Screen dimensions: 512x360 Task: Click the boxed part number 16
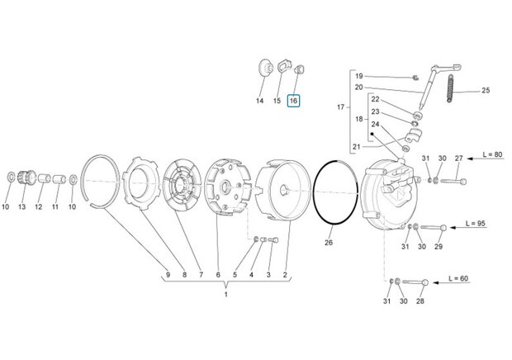(x=293, y=101)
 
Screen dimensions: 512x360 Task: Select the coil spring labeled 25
(x=450, y=89)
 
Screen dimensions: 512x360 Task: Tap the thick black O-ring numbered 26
(x=335, y=192)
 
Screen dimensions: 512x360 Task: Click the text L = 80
(x=493, y=154)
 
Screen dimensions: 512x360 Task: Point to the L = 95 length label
(x=476, y=224)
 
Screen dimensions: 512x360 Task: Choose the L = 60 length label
(x=458, y=278)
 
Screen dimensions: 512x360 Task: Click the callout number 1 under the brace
(x=226, y=295)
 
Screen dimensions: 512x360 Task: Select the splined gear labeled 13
(x=27, y=178)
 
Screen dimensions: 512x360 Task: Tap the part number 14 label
(x=259, y=101)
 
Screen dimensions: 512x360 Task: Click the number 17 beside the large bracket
(x=340, y=107)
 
